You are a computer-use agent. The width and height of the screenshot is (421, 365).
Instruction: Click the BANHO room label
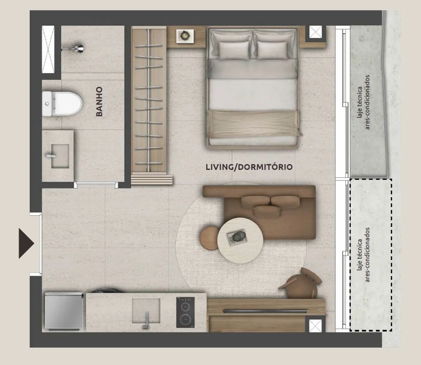(99, 101)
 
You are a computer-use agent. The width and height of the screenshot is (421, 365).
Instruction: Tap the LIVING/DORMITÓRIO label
(249, 167)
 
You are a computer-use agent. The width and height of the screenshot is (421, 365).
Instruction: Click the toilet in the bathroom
(62, 104)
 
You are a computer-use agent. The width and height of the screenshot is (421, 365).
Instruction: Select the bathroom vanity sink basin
(60, 156)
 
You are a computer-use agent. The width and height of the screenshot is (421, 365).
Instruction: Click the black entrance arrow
(26, 243)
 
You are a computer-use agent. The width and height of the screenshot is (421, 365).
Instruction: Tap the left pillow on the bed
(234, 50)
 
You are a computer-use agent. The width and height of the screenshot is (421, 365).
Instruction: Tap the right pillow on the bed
(272, 50)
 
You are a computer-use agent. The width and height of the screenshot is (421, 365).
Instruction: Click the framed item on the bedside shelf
(185, 36)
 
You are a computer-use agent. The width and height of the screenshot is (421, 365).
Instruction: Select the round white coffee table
(240, 240)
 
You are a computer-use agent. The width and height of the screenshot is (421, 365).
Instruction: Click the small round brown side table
(210, 238)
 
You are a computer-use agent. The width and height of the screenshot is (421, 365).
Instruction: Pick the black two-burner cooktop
(185, 312)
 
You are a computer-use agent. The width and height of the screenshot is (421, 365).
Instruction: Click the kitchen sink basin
(146, 311)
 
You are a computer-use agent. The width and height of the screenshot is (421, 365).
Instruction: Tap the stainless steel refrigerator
(64, 311)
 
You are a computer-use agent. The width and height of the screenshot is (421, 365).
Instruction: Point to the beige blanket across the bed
(254, 124)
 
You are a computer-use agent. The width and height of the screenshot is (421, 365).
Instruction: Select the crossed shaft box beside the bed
(315, 32)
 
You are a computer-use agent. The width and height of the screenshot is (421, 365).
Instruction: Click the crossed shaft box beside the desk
(315, 326)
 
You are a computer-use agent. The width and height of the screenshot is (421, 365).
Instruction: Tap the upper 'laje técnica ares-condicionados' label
(363, 102)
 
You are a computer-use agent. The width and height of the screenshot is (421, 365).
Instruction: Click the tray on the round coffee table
(237, 237)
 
